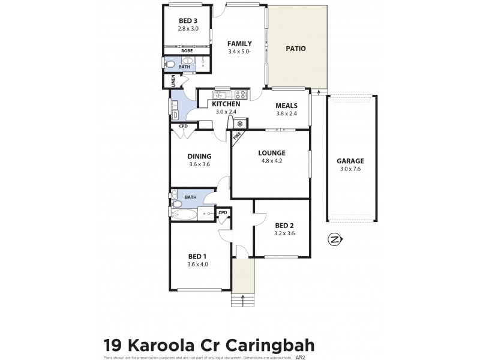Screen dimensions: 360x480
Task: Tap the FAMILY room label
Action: [239, 43]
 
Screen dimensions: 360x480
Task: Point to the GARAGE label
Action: [350, 161]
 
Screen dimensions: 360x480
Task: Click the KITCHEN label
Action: [226, 104]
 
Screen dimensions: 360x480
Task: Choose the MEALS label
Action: [286, 106]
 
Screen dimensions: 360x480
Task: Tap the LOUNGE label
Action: [271, 152]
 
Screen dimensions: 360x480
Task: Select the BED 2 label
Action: [282, 226]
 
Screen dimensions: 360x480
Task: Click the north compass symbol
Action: [335, 240]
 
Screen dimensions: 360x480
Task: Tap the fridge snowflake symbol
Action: [239, 124]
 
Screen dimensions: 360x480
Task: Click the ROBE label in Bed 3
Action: [187, 51]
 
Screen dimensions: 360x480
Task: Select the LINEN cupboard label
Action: [173, 80]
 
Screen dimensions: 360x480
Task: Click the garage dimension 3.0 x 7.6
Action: [350, 169]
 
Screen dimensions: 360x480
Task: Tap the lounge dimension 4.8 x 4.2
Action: [271, 161]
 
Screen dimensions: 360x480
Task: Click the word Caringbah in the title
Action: [268, 346]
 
